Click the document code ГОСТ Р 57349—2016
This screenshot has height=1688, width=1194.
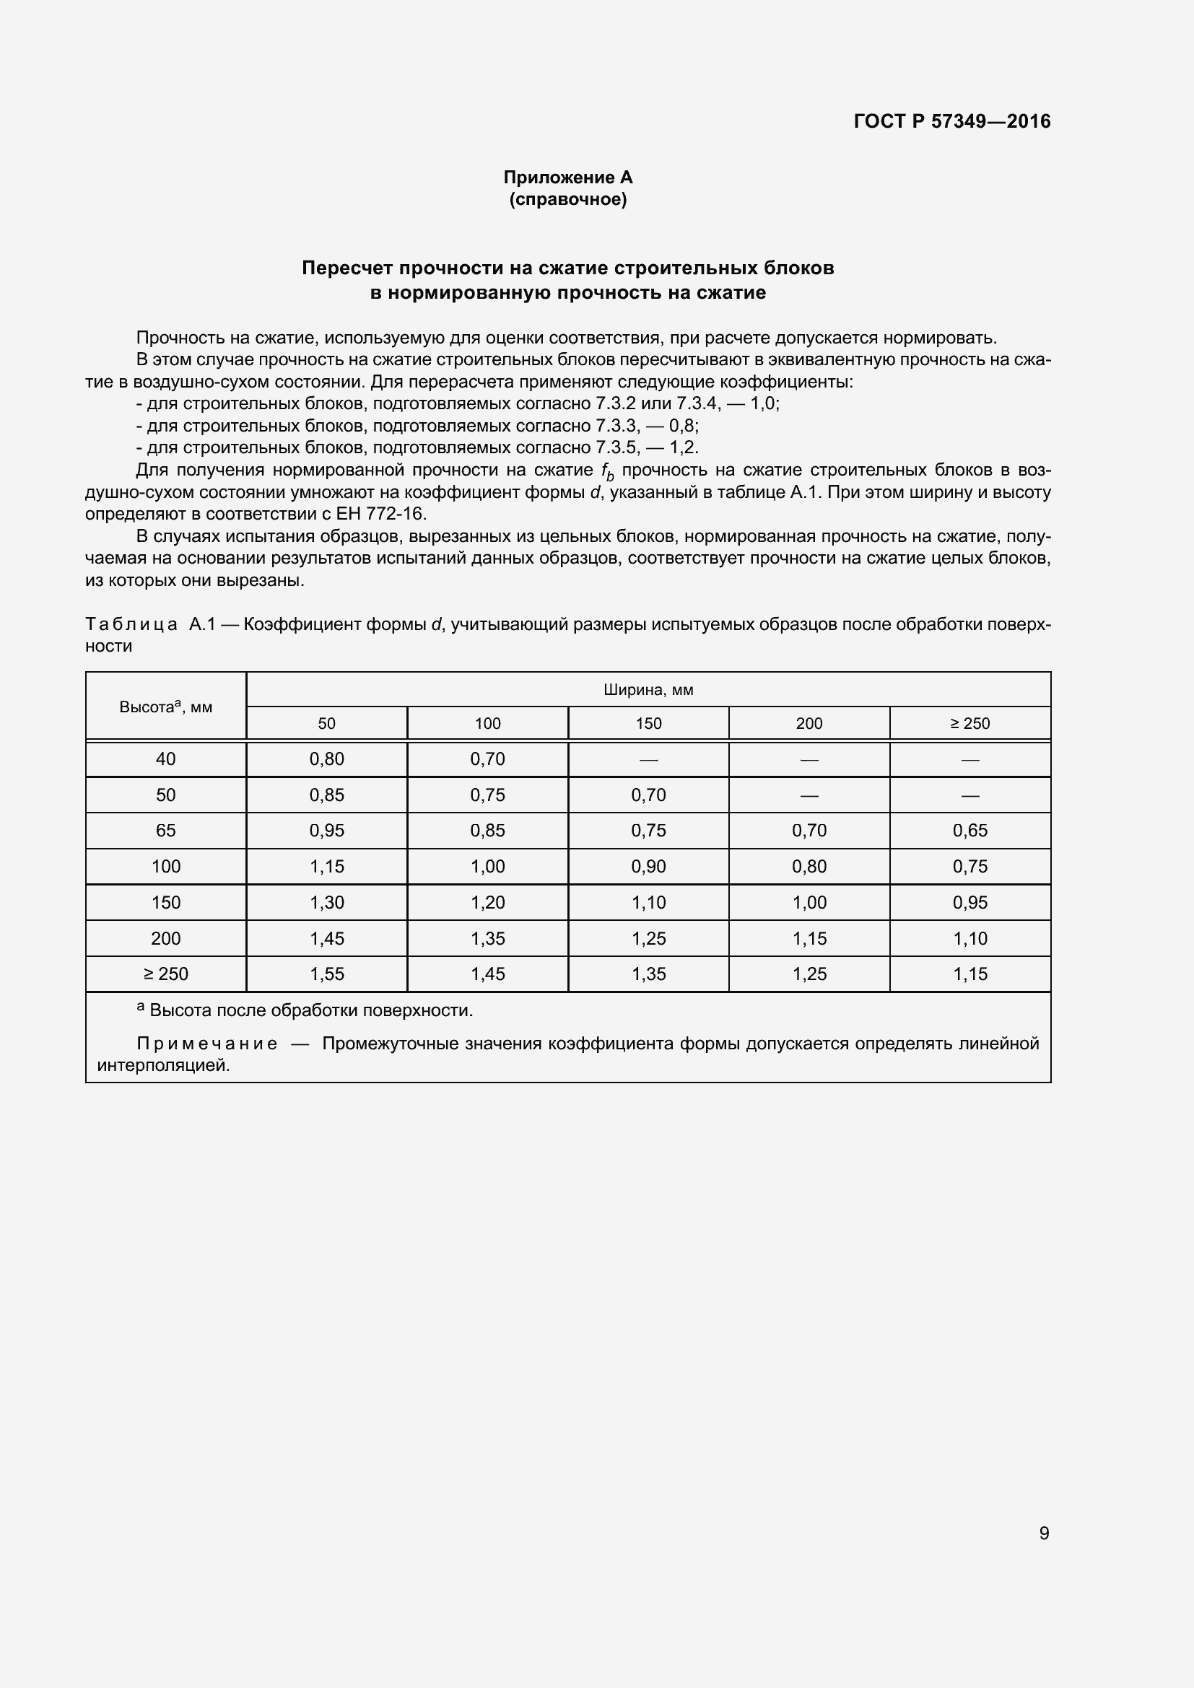pos(951,121)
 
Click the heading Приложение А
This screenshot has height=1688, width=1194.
pos(567,178)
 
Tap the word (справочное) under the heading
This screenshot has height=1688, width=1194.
pos(567,199)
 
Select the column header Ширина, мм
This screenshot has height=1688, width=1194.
pos(648,690)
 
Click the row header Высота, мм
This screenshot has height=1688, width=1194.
pos(165,707)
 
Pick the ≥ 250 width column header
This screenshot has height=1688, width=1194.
pos(969,723)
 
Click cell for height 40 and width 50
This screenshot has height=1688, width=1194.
pos(326,758)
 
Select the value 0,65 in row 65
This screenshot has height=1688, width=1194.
pos(969,831)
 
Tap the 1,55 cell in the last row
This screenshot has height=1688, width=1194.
pos(326,974)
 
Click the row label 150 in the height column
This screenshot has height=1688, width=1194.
pos(165,903)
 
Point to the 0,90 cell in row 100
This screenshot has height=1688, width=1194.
pos(648,867)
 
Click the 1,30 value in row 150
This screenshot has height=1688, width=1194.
pos(326,903)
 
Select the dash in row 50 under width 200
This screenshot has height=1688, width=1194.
pos(809,795)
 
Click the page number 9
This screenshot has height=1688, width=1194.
pos(1043,1533)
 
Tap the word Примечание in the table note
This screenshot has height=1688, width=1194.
pos(206,1044)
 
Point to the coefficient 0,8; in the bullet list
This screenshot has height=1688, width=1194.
pos(683,426)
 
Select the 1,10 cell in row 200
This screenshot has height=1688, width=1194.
pos(969,939)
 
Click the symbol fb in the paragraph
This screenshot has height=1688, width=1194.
pos(606,471)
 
